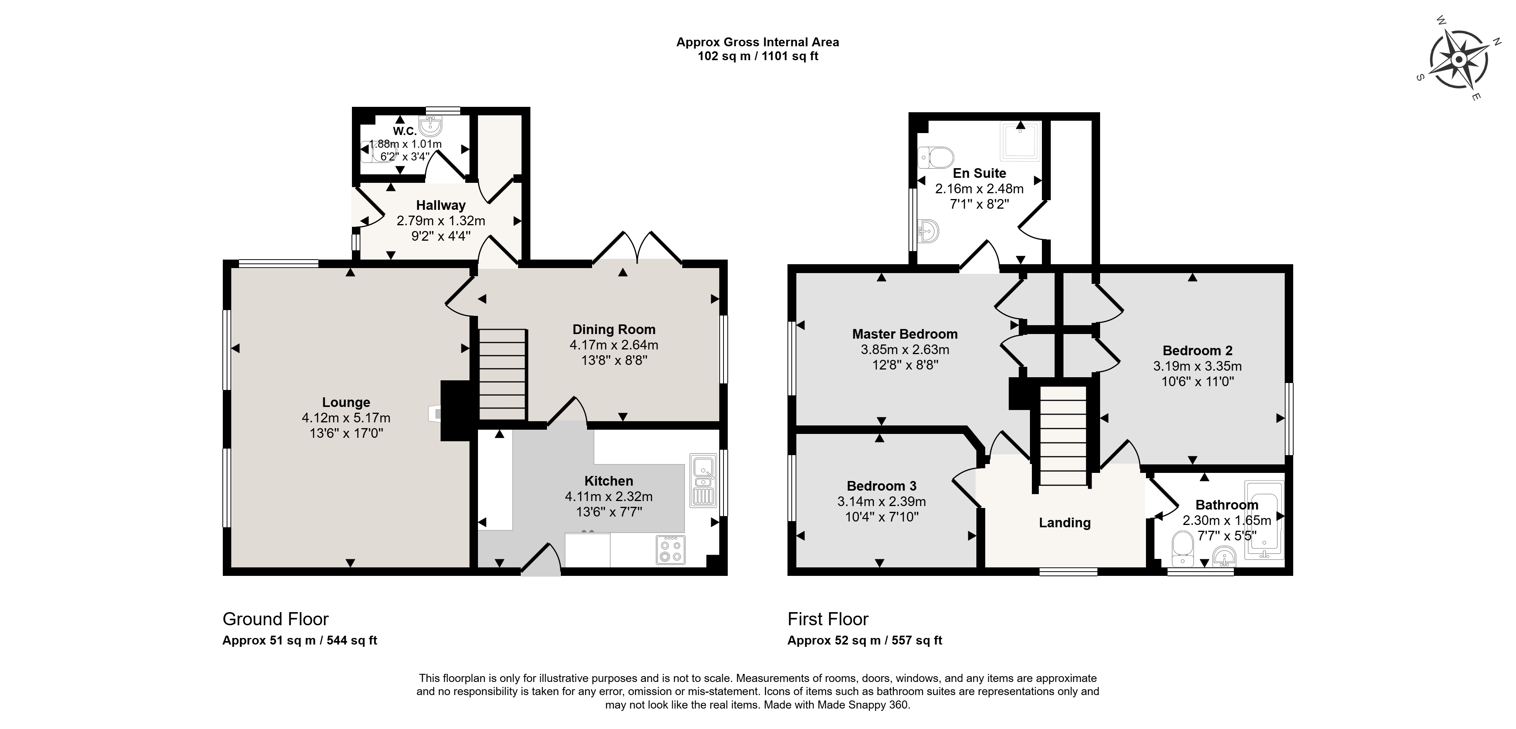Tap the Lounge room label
(346, 402)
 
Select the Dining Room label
(614, 330)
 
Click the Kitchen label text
(609, 481)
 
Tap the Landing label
(1065, 523)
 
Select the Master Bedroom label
(905, 334)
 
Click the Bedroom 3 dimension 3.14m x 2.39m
(882, 502)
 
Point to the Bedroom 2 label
(1198, 350)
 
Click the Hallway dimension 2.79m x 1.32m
(441, 221)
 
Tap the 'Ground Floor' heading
(276, 619)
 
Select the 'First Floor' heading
(828, 619)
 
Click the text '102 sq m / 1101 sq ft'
(758, 57)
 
